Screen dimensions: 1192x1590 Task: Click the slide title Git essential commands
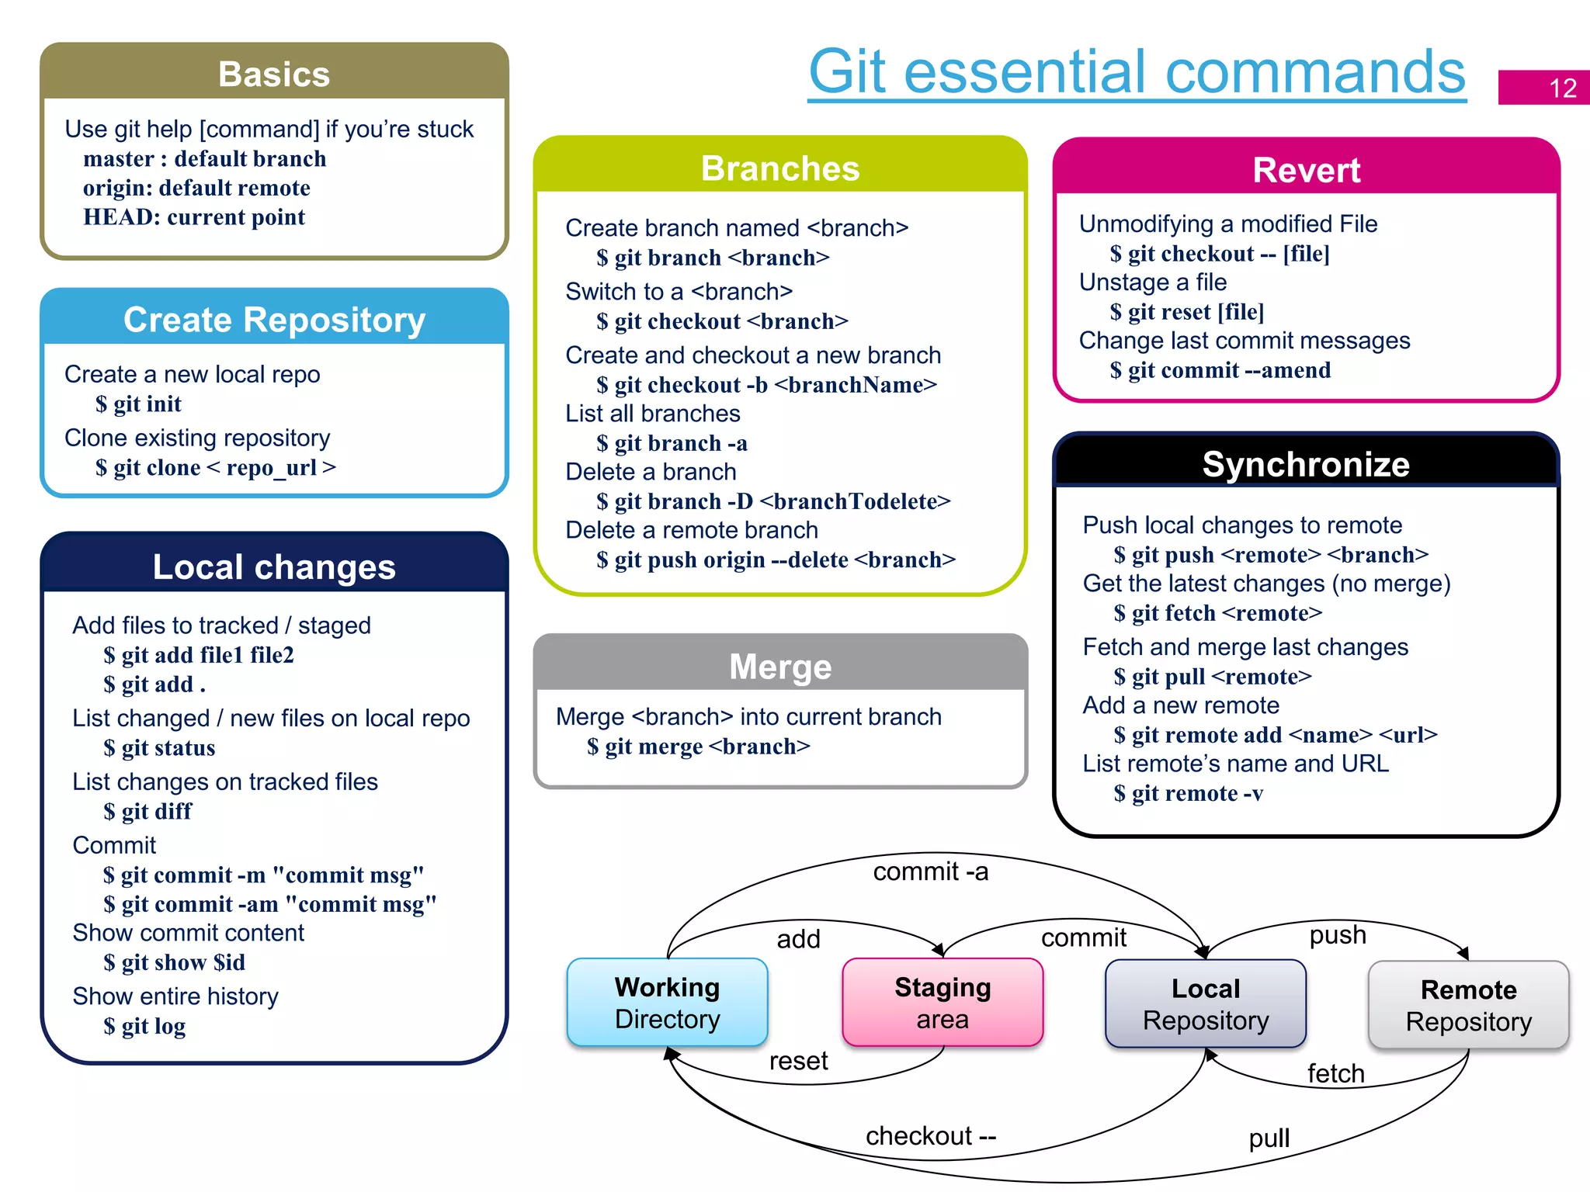pyautogui.click(x=1137, y=72)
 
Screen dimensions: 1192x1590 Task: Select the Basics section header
pyautogui.click(x=274, y=74)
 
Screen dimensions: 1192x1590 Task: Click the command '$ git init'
pyautogui.click(x=138, y=404)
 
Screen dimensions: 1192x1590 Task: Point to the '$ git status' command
pyautogui.click(x=159, y=748)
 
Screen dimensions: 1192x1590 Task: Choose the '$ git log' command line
pyautogui.click(x=144, y=1026)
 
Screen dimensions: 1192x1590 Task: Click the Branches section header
pyautogui.click(x=780, y=168)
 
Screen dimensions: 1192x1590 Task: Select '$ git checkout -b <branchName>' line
pyautogui.click(x=766, y=385)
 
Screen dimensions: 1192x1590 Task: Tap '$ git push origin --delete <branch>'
pyautogui.click(x=776, y=560)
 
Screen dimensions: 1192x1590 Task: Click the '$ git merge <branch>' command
pyautogui.click(x=698, y=747)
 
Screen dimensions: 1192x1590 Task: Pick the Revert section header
pyautogui.click(x=1306, y=170)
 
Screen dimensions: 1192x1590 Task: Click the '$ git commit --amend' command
pyautogui.click(x=1220, y=370)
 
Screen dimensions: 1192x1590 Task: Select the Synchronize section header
pyautogui.click(x=1306, y=464)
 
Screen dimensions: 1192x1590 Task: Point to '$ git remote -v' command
pyautogui.click(x=1188, y=793)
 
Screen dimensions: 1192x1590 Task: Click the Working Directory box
pyautogui.click(x=667, y=1003)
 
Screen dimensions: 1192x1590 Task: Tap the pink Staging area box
pyautogui.click(x=943, y=1003)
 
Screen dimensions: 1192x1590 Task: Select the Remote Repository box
pyautogui.click(x=1468, y=1006)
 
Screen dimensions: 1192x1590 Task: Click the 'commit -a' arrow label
pyautogui.click(x=930, y=871)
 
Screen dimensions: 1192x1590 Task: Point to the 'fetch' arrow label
pyautogui.click(x=1335, y=1073)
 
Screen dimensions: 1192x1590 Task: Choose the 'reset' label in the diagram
pyautogui.click(x=798, y=1061)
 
